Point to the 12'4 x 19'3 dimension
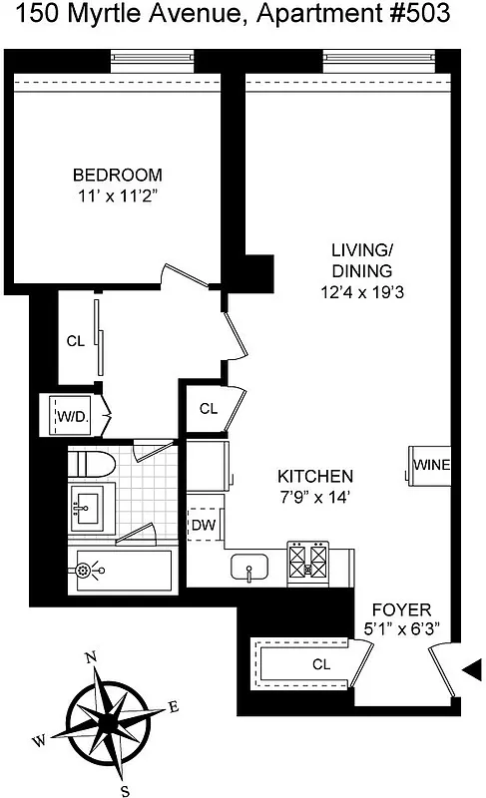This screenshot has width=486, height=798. (x=362, y=293)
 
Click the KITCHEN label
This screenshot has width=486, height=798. (x=315, y=476)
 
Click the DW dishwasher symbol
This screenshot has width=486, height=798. (x=204, y=523)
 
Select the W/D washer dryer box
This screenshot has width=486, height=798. (x=69, y=415)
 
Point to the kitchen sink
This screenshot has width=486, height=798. (x=245, y=569)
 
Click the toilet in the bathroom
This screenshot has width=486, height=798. (x=92, y=463)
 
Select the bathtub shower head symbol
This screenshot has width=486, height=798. (x=84, y=571)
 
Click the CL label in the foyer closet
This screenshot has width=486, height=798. (x=321, y=664)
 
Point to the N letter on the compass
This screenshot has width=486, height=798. (x=91, y=657)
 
